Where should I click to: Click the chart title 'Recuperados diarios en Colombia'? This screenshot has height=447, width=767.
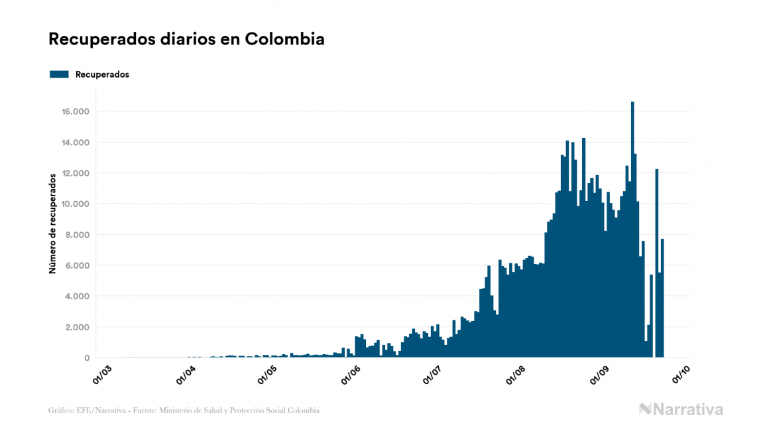coord(186,39)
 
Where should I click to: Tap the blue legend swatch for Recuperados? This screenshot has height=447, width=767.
coord(59,74)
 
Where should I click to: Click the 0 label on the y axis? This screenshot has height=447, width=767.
coord(86,358)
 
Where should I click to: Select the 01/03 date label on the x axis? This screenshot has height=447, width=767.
coord(103,374)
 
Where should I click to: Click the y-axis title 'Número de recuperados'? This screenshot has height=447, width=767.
coord(52,223)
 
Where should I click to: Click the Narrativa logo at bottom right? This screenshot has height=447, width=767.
coord(681,409)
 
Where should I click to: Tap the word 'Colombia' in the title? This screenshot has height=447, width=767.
coord(284,39)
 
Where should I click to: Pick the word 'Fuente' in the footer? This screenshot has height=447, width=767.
coord(145,411)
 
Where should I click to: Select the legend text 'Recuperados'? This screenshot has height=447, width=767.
coord(102,74)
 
